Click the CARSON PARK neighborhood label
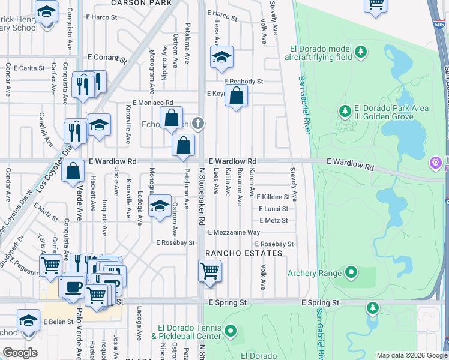(x=141, y=3)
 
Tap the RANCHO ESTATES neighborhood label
(x=244, y=254)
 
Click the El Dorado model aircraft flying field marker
(x=361, y=50)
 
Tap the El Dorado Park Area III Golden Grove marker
(x=345, y=111)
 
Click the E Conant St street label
(x=107, y=59)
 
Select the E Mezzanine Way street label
(x=234, y=232)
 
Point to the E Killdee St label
(x=273, y=197)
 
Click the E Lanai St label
(x=273, y=209)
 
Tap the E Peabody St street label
(x=244, y=81)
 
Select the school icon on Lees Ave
(x=221, y=58)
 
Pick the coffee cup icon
(x=73, y=287)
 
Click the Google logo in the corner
(x=20, y=353)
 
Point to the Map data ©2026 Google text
(x=411, y=355)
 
